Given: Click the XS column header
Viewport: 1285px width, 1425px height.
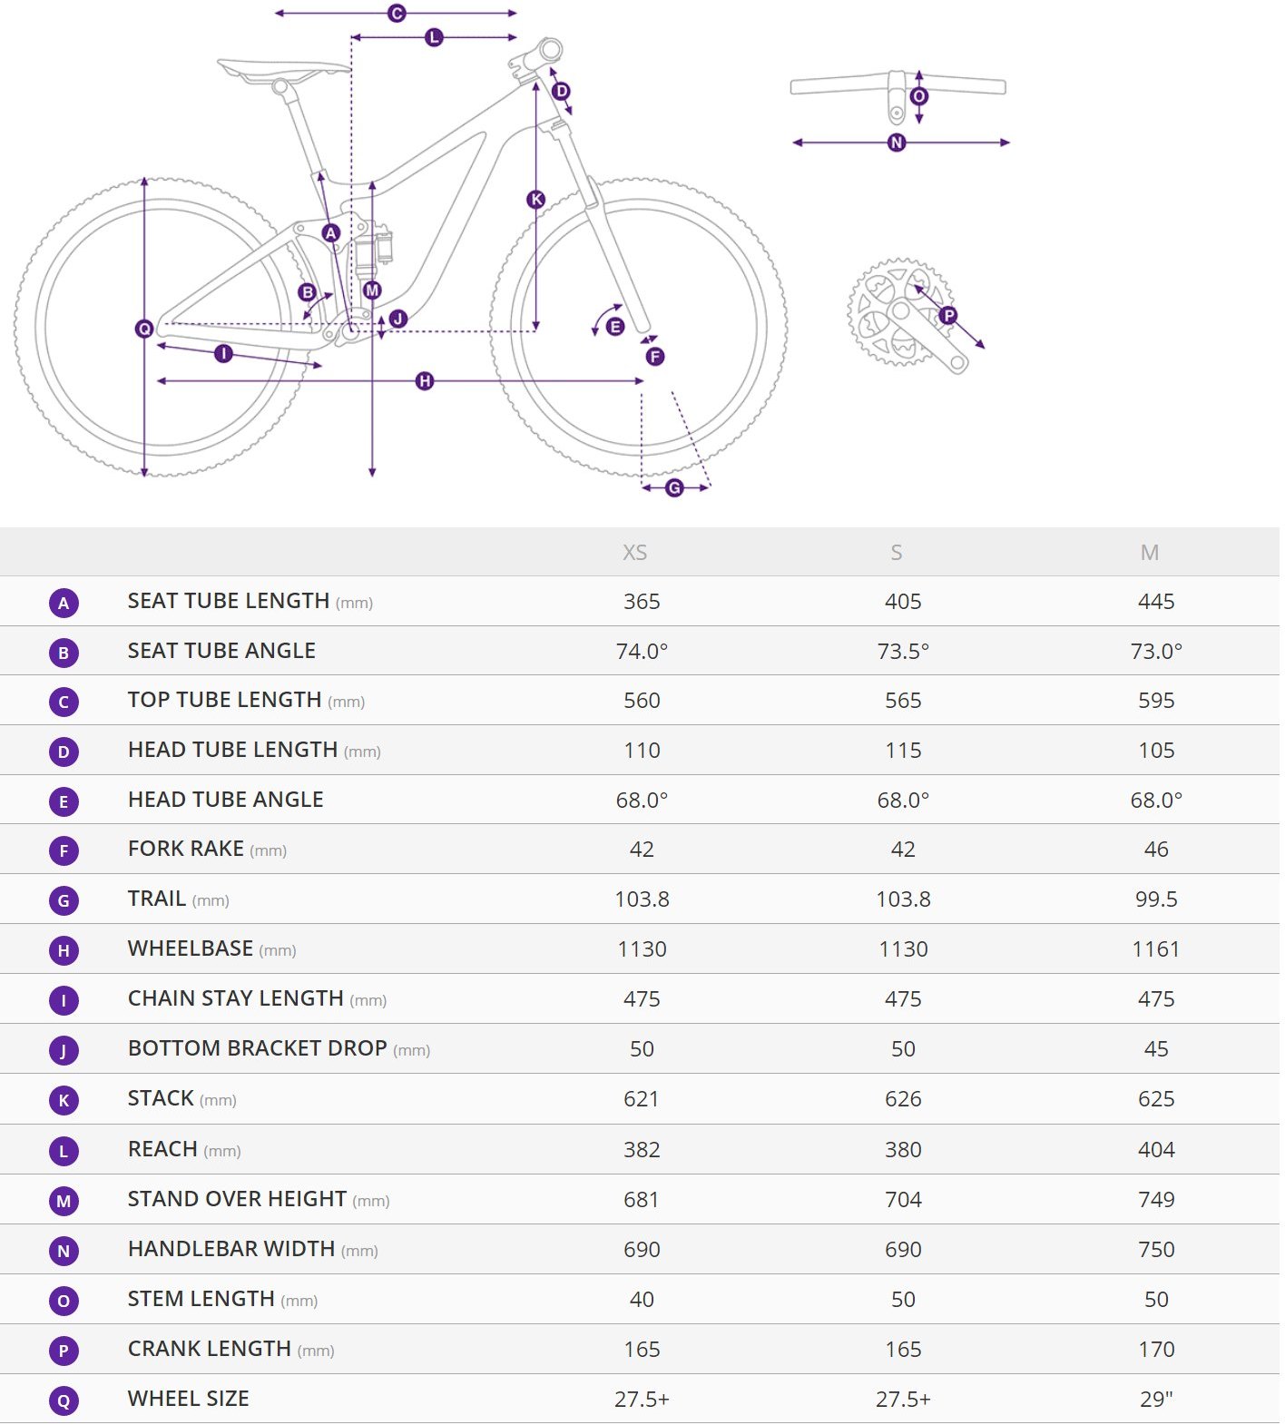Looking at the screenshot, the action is pyautogui.click(x=634, y=553).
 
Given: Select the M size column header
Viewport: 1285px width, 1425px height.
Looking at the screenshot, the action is pyautogui.click(x=1150, y=553).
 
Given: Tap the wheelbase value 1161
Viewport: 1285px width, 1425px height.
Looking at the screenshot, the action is pyautogui.click(x=1156, y=949).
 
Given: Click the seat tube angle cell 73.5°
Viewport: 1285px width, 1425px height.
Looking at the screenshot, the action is pyautogui.click(x=903, y=652).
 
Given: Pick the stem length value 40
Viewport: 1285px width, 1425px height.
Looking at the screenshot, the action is pyautogui.click(x=642, y=1300).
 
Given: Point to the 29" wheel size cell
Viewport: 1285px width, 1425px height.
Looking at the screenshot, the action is pyautogui.click(x=1156, y=1400).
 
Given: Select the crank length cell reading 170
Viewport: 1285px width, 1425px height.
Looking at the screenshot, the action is pyautogui.click(x=1156, y=1350).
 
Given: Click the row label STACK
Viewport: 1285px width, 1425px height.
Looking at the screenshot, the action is pyautogui.click(x=161, y=1099).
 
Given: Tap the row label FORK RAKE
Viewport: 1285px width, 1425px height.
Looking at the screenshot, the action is pyautogui.click(x=186, y=849).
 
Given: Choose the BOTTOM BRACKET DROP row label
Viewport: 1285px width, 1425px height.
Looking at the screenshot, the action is pyautogui.click(x=258, y=1048).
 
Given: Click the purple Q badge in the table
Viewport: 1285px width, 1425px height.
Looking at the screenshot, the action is pyautogui.click(x=64, y=1400).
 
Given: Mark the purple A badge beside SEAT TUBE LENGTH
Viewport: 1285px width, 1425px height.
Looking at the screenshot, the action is pyautogui.click(x=64, y=603).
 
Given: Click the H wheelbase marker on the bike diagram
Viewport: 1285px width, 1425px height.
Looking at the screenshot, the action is pyautogui.click(x=425, y=381).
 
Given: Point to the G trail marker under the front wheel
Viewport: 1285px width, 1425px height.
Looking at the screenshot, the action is pyautogui.click(x=674, y=488).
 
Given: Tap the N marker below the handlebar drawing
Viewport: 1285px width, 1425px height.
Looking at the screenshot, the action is pyautogui.click(x=897, y=142).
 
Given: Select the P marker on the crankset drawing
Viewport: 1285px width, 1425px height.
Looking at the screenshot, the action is pyautogui.click(x=948, y=316).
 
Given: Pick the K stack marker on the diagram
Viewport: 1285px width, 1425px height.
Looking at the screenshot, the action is pyautogui.click(x=536, y=200).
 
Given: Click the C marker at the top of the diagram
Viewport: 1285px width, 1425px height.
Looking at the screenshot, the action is pyautogui.click(x=397, y=14).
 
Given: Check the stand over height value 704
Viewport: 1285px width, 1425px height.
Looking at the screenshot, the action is pyautogui.click(x=903, y=1200).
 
